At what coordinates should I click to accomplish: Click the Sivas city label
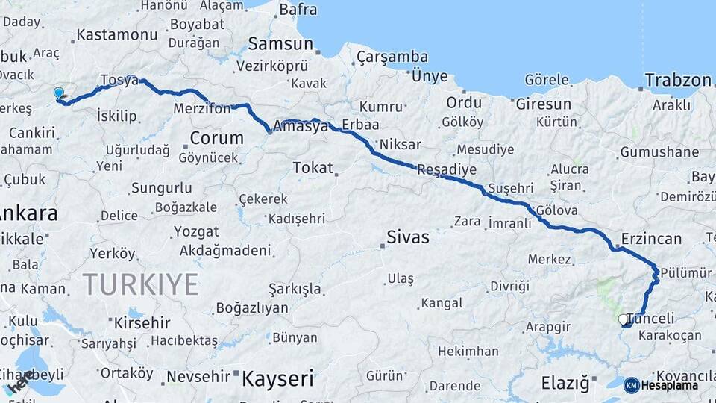click(408, 237)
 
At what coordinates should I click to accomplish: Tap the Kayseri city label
click(277, 378)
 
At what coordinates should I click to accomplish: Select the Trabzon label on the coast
click(678, 80)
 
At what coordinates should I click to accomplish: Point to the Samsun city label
click(280, 43)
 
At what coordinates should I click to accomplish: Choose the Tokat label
click(313, 167)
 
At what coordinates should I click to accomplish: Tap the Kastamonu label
click(117, 34)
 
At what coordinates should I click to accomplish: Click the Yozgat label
click(196, 231)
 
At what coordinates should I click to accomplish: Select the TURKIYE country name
click(141, 284)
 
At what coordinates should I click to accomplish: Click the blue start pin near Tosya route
click(59, 93)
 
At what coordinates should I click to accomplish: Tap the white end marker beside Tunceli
click(623, 319)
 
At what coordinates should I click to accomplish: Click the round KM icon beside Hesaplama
click(631, 385)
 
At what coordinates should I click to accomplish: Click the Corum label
click(216, 137)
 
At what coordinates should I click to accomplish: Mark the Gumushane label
click(659, 152)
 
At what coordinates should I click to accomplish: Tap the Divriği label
click(509, 286)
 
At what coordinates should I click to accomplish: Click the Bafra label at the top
click(298, 10)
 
